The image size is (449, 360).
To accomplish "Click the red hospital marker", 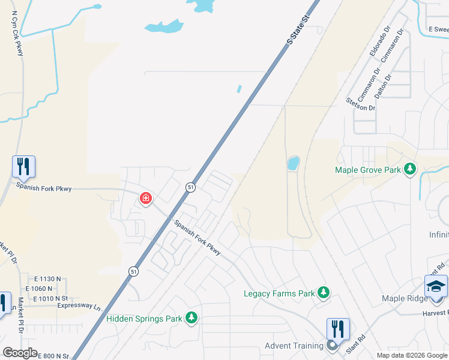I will [145, 198].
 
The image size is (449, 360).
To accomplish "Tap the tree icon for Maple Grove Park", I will [411, 170].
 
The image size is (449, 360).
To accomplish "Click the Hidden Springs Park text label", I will [144, 319].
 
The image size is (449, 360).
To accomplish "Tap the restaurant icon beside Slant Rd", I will [338, 329].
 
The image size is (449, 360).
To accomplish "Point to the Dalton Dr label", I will [382, 86].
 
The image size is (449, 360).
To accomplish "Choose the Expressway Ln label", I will [79, 306].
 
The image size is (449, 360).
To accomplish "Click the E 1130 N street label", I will [48, 279].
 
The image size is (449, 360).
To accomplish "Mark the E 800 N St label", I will [54, 356].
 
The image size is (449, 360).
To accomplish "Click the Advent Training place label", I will [294, 346].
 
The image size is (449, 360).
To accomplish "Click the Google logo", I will [20, 353].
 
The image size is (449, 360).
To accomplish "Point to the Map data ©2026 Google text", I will [412, 355].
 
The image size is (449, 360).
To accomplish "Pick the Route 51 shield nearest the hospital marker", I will [190, 187].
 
